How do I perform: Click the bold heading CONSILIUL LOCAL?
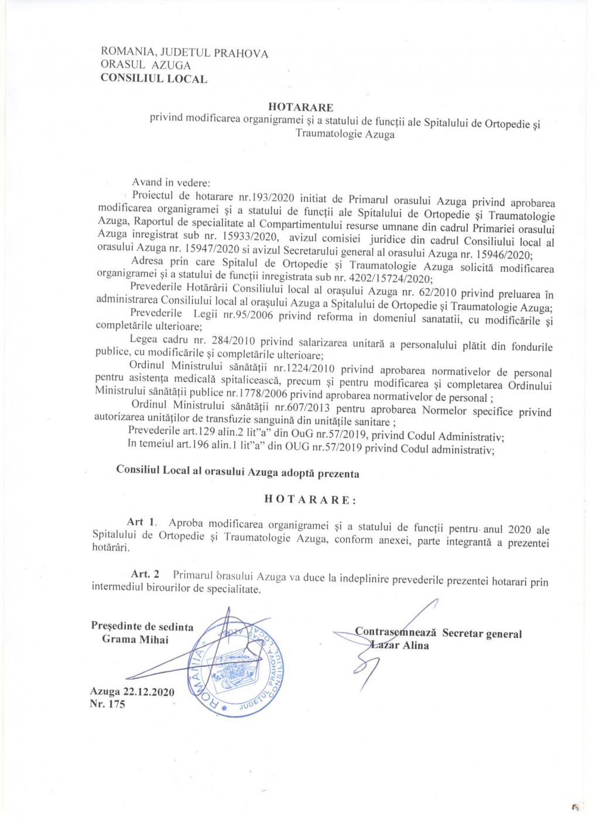point(153,79)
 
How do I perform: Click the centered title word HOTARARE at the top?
point(300,107)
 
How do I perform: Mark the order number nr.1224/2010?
point(304,368)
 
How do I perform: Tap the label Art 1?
point(141,522)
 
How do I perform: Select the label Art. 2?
point(145,574)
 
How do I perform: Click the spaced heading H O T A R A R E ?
point(310,500)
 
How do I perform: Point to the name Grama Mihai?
point(135,640)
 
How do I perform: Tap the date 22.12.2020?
point(149,692)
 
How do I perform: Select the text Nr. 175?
point(107,704)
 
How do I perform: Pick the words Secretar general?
point(482,634)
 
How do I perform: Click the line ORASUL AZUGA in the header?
point(146,65)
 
